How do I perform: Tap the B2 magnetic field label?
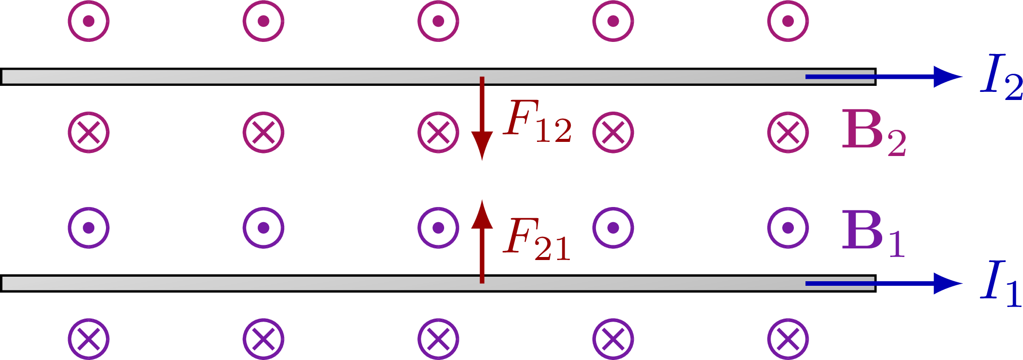click(873, 132)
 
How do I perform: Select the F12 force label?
click(537, 121)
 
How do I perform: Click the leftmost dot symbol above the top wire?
click(89, 21)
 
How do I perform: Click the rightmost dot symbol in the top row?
click(788, 21)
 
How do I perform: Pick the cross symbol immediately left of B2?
click(788, 132)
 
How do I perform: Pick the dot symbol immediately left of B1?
click(788, 228)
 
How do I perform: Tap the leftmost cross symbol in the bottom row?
click(89, 339)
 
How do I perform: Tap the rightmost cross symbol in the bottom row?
click(788, 339)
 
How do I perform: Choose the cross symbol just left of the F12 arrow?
click(438, 132)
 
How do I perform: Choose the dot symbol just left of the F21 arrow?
click(438, 228)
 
